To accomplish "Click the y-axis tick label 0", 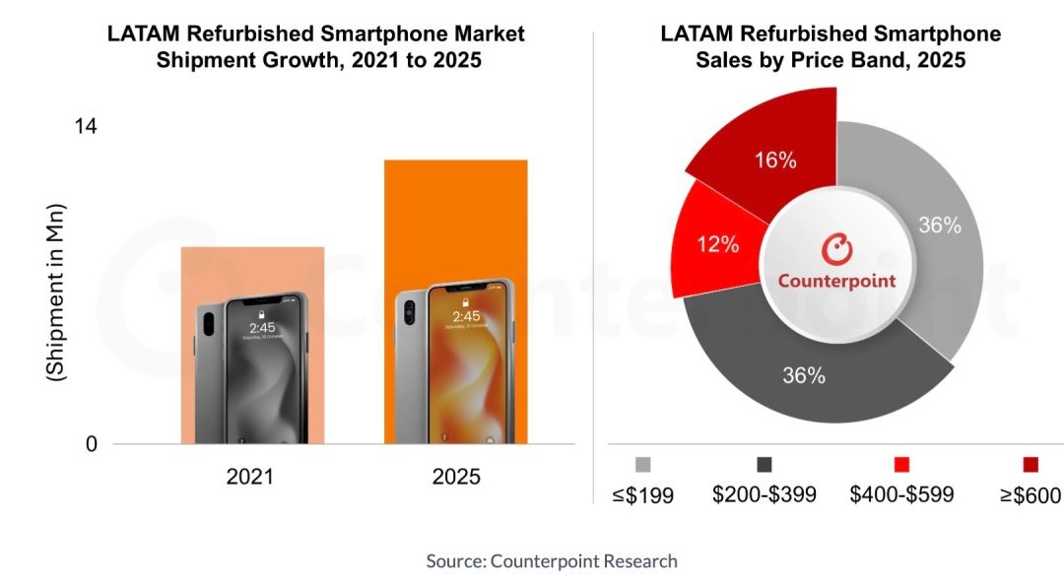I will click(91, 444).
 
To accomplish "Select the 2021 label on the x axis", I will click(251, 478).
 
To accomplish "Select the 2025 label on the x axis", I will click(456, 478).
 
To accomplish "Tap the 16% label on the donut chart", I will click(775, 161).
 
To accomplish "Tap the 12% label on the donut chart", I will click(718, 244).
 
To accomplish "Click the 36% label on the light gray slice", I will click(939, 226).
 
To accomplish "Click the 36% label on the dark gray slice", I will click(804, 375).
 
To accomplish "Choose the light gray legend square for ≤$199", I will click(643, 465).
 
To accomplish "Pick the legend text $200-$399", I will click(765, 494).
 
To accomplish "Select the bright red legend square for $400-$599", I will click(901, 465).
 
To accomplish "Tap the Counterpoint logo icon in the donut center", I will click(836, 248).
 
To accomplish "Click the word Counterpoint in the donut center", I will click(836, 281).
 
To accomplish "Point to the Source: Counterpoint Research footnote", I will click(552, 561).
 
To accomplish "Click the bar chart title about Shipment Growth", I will click(315, 46).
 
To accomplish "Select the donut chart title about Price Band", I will click(831, 46).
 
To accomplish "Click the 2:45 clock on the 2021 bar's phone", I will click(262, 328).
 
